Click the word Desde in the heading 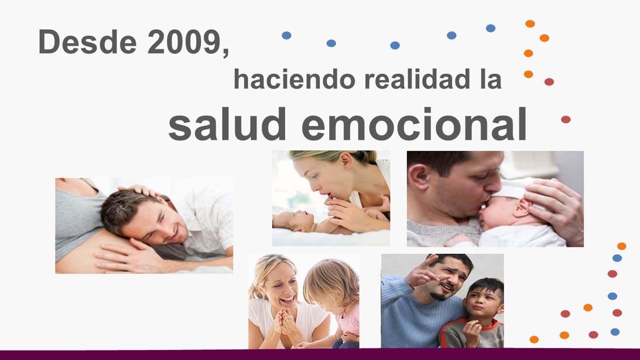pos(87,42)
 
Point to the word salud pos(227,124)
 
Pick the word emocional pos(414,124)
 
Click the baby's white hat pos(514,190)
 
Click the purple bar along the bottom pos(320,355)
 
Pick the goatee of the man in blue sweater pos(439,296)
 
